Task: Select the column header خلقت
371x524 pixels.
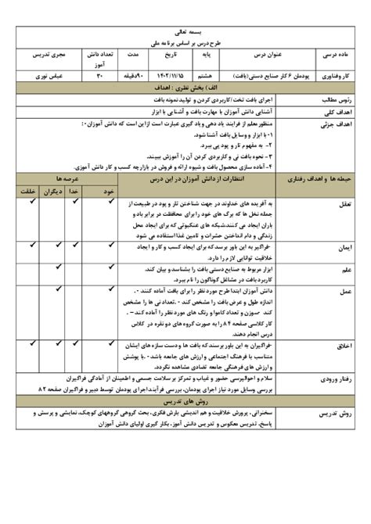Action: point(27,189)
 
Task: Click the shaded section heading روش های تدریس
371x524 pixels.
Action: point(185,400)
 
